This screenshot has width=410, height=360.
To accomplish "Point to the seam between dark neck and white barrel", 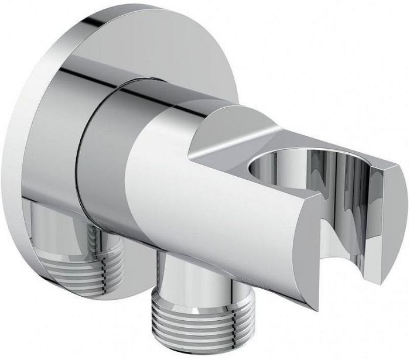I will (132, 176).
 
